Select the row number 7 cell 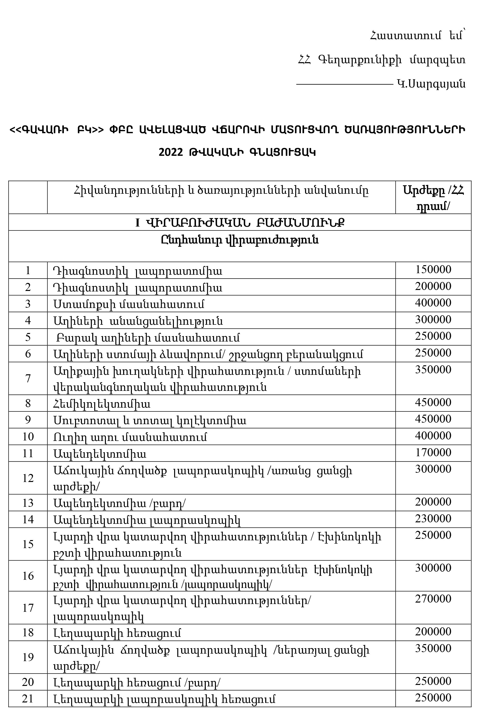[x=28, y=378]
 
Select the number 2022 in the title [x=171, y=152]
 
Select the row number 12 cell [x=28, y=478]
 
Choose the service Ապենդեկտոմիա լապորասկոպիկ [x=147, y=521]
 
